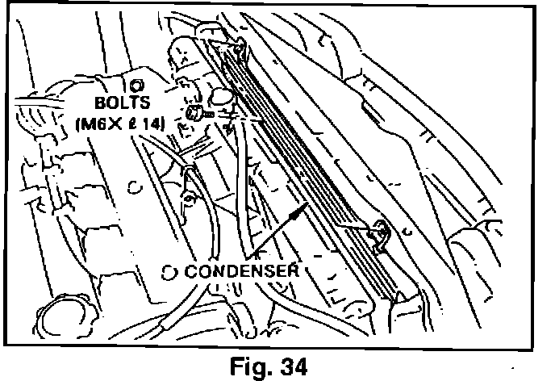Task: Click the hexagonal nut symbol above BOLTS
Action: (136, 85)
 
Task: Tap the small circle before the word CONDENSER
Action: (168, 271)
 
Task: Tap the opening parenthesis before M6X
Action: (77, 124)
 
